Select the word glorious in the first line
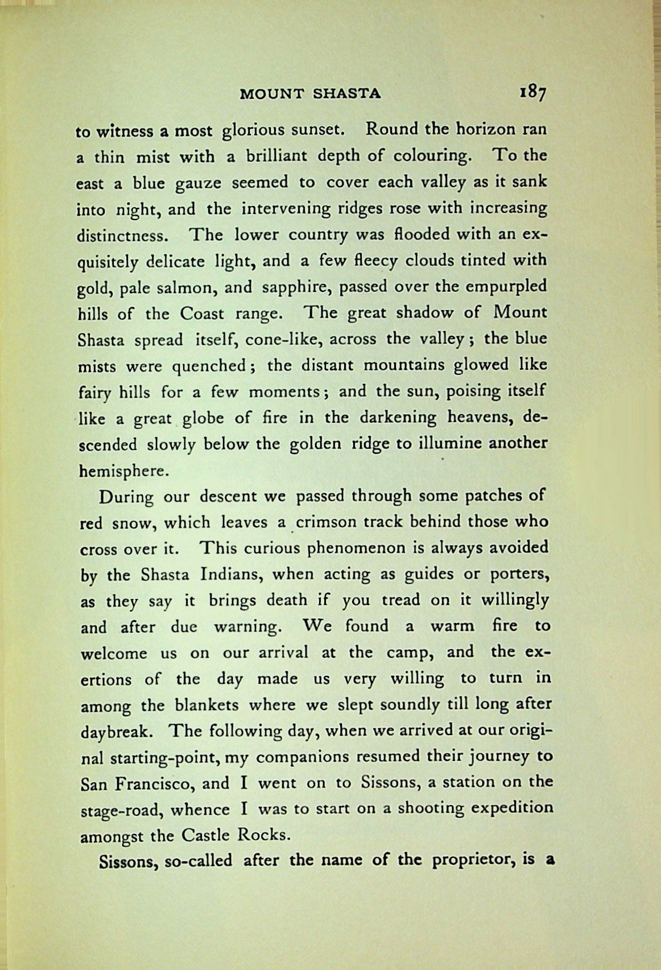pos(253,130)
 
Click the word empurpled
pos(506,286)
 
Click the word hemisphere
pos(123,470)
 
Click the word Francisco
pos(154,784)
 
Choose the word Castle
pos(205,836)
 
